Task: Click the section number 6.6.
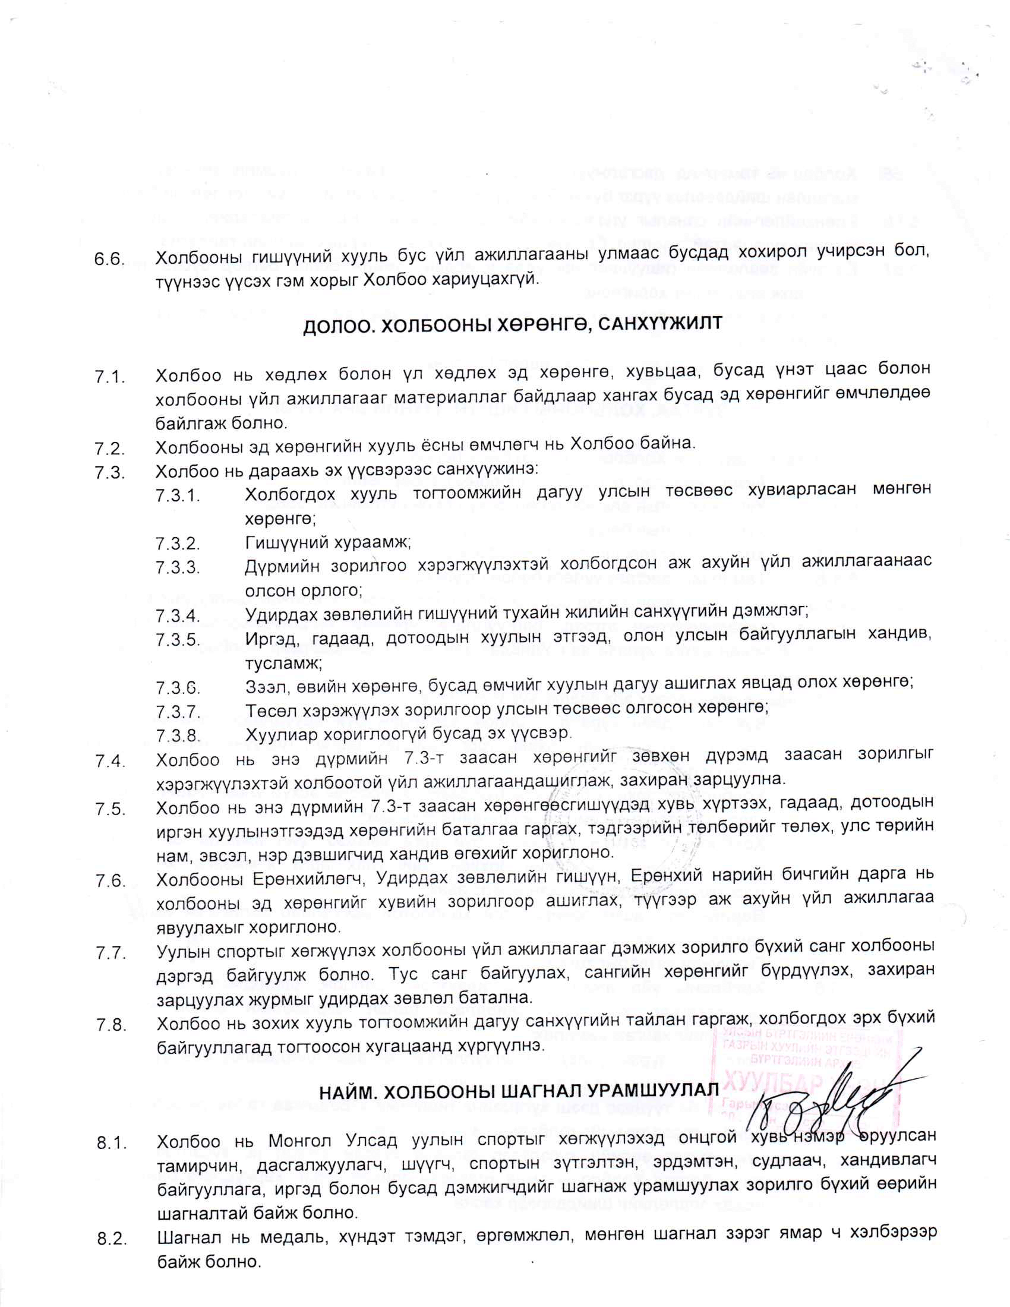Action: click(109, 260)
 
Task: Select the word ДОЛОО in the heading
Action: click(336, 327)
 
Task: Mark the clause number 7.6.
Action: click(109, 881)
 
